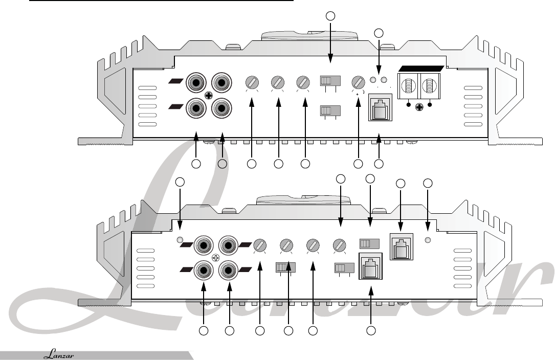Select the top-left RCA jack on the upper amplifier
pos(196,82)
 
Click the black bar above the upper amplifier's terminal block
pos(420,68)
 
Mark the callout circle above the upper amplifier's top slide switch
pos(330,16)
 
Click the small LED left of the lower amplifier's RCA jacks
pos(180,240)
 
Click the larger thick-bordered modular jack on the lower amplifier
pos(372,266)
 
